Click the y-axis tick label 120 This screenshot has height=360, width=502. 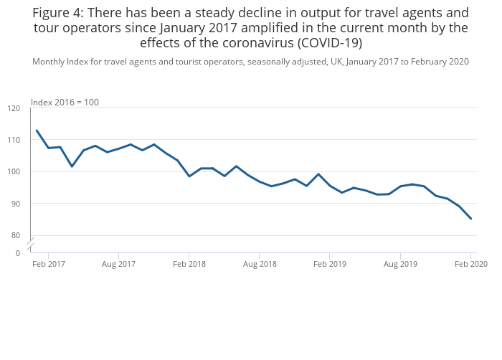(14, 108)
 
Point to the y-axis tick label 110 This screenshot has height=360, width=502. (14, 140)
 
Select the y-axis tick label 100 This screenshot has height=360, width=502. (14, 172)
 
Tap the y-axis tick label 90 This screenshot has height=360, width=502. (16, 204)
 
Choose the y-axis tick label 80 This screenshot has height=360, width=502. (16, 235)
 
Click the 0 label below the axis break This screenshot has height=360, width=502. (18, 253)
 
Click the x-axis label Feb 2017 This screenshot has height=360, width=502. (48, 265)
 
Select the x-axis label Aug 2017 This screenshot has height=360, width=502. (118, 265)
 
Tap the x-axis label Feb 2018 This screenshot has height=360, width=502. (189, 265)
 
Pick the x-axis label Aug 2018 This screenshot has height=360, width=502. (260, 265)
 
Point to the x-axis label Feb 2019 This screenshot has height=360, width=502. (330, 265)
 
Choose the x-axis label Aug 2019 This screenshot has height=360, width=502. (400, 265)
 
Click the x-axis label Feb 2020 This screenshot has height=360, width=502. (471, 265)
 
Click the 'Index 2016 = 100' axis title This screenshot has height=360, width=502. (65, 103)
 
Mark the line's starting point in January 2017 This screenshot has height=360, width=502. (37, 131)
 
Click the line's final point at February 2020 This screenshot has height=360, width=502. (471, 219)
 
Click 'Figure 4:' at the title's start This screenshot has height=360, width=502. (58, 13)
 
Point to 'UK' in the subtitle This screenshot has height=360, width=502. (335, 62)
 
